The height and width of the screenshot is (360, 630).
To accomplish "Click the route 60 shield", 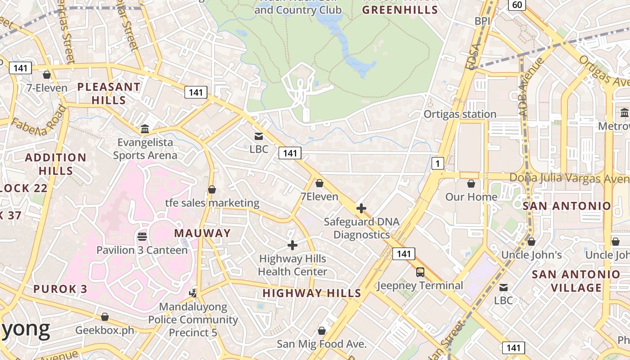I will (517, 5).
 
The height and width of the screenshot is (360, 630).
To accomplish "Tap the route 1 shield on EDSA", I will (437, 163).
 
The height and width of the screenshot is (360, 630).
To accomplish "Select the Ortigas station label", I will (460, 114).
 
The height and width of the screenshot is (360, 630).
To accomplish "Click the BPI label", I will (482, 21).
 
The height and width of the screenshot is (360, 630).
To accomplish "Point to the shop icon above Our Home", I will (471, 184).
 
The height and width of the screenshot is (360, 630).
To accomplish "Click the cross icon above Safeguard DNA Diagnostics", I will (361, 208).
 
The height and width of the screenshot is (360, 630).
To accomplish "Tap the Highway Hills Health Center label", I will (292, 265).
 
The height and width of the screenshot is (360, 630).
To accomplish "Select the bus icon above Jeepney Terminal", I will (420, 272).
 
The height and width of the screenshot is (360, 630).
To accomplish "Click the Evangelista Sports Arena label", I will (145, 149).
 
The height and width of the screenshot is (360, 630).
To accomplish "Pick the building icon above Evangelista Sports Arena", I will (145, 129).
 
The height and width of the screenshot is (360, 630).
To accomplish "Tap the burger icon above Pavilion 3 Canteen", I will (142, 236).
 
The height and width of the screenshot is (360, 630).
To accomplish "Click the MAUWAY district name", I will (202, 233).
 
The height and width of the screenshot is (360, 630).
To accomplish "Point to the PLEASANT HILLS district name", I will (109, 93).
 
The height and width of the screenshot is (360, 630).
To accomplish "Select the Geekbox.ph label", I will (105, 330).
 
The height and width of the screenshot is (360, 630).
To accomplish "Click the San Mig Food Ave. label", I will (322, 344).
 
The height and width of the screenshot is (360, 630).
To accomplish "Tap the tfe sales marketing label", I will (212, 203).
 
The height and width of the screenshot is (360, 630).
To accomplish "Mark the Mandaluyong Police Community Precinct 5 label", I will (193, 319).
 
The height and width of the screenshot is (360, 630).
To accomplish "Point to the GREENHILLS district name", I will (400, 9).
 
